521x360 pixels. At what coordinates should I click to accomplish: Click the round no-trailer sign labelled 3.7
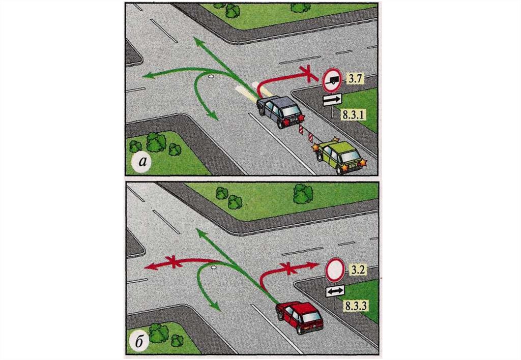coord(332,80)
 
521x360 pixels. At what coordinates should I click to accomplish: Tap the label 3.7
coord(355,78)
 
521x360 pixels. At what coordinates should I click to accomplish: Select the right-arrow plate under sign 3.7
coord(332,99)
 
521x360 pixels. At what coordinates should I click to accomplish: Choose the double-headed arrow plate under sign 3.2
coord(335,291)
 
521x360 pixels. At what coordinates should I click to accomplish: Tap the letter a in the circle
coord(143,161)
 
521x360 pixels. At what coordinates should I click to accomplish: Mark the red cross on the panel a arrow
coord(308,73)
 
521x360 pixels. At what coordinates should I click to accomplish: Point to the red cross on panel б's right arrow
coord(289,267)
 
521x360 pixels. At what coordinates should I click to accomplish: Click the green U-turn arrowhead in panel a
coord(213,114)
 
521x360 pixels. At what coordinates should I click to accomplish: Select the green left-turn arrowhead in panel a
coord(148,76)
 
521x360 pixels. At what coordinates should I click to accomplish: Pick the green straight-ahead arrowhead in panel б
coord(200,233)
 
